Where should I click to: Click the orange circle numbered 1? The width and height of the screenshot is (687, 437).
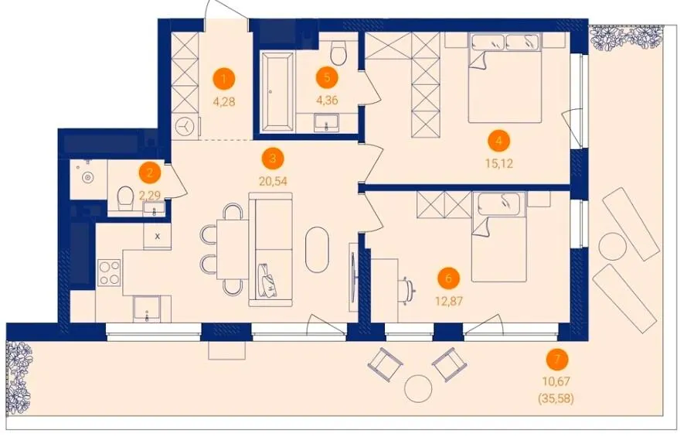[224, 80]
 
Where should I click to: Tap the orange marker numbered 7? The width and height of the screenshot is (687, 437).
[557, 360]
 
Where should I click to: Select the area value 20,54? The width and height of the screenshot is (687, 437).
[273, 181]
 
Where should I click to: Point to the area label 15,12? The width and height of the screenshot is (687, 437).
[498, 164]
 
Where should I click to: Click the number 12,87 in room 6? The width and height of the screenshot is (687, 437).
[449, 301]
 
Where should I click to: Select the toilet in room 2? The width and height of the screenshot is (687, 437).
[126, 198]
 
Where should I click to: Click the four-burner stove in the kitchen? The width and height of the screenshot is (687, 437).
[110, 272]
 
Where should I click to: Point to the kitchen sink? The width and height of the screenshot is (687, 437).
[147, 309]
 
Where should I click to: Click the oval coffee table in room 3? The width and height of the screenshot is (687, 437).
[317, 249]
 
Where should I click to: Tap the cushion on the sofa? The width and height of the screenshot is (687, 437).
[268, 281]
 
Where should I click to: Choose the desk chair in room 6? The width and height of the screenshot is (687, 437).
[409, 290]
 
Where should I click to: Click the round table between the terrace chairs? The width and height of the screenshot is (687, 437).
[418, 389]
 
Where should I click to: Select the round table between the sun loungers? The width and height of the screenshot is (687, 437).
[611, 247]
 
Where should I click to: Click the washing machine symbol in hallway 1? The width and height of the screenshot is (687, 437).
[184, 126]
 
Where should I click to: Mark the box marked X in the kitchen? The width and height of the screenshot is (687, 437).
[158, 236]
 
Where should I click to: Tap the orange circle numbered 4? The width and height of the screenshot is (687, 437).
[498, 142]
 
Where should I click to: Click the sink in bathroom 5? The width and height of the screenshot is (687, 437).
[326, 121]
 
